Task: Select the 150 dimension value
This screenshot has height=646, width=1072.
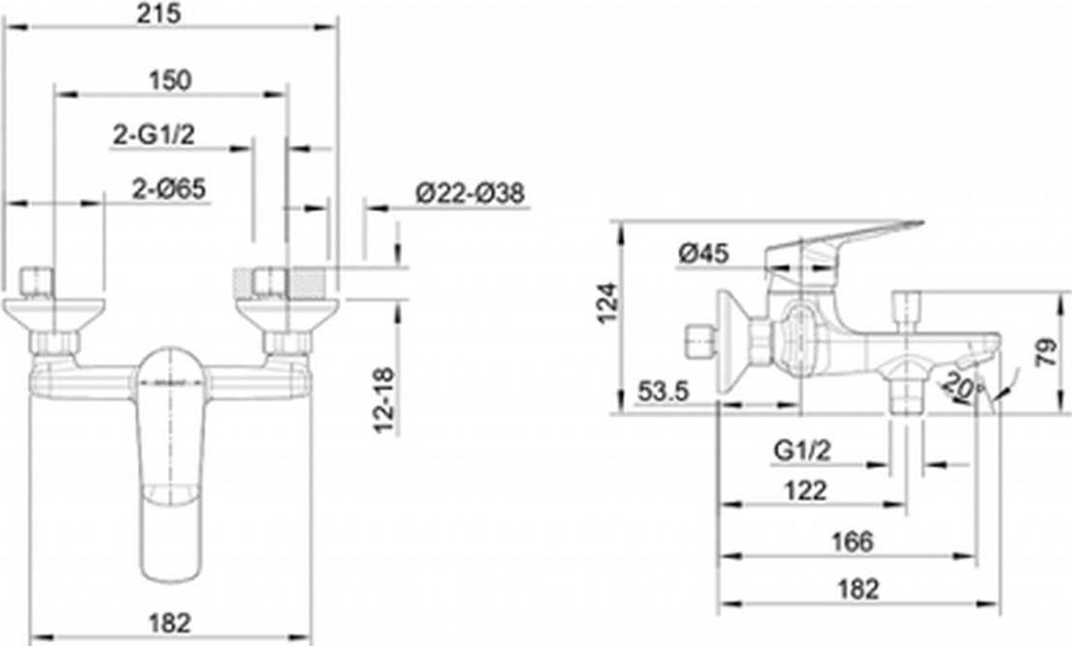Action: (170, 80)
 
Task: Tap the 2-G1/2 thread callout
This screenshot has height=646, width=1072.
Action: (154, 134)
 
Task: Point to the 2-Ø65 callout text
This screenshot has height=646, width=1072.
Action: (169, 188)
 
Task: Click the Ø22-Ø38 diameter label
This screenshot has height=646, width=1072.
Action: (470, 193)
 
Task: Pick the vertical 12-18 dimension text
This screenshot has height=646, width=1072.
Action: (385, 400)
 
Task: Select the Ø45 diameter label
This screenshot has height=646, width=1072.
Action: (704, 254)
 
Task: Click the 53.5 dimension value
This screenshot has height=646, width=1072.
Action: (663, 392)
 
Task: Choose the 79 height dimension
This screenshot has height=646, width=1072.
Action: (1046, 353)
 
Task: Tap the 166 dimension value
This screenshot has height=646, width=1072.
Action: (853, 542)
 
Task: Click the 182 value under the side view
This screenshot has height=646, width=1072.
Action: (858, 589)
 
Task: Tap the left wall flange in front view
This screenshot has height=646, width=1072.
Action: (55, 315)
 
